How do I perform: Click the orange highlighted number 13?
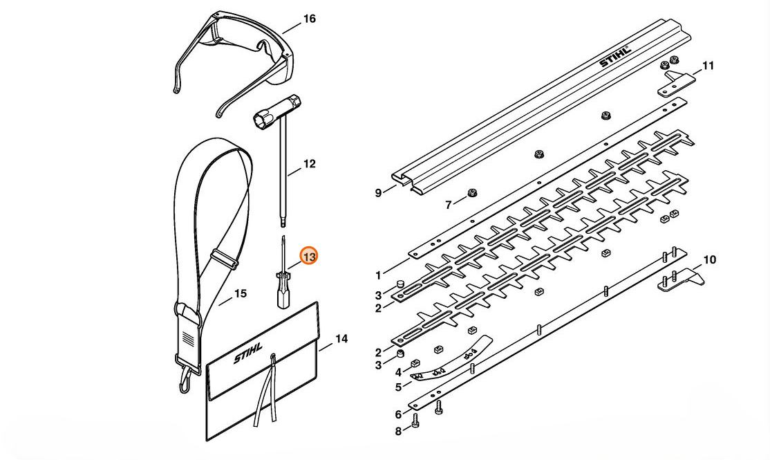point(310,257)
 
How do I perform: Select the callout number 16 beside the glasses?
point(310,19)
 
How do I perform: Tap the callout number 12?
point(310,164)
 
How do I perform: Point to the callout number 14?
point(341,339)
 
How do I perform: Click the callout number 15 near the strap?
point(240,294)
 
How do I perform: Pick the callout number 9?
point(378,193)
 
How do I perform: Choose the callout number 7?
point(448,205)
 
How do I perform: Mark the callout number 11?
point(708,66)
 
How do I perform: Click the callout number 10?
point(710,260)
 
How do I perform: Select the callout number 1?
point(378,276)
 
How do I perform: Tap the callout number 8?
point(398,432)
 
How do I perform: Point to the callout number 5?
point(398,387)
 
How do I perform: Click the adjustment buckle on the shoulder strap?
point(225,259)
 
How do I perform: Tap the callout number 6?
point(398,415)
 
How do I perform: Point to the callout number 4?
point(398,373)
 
